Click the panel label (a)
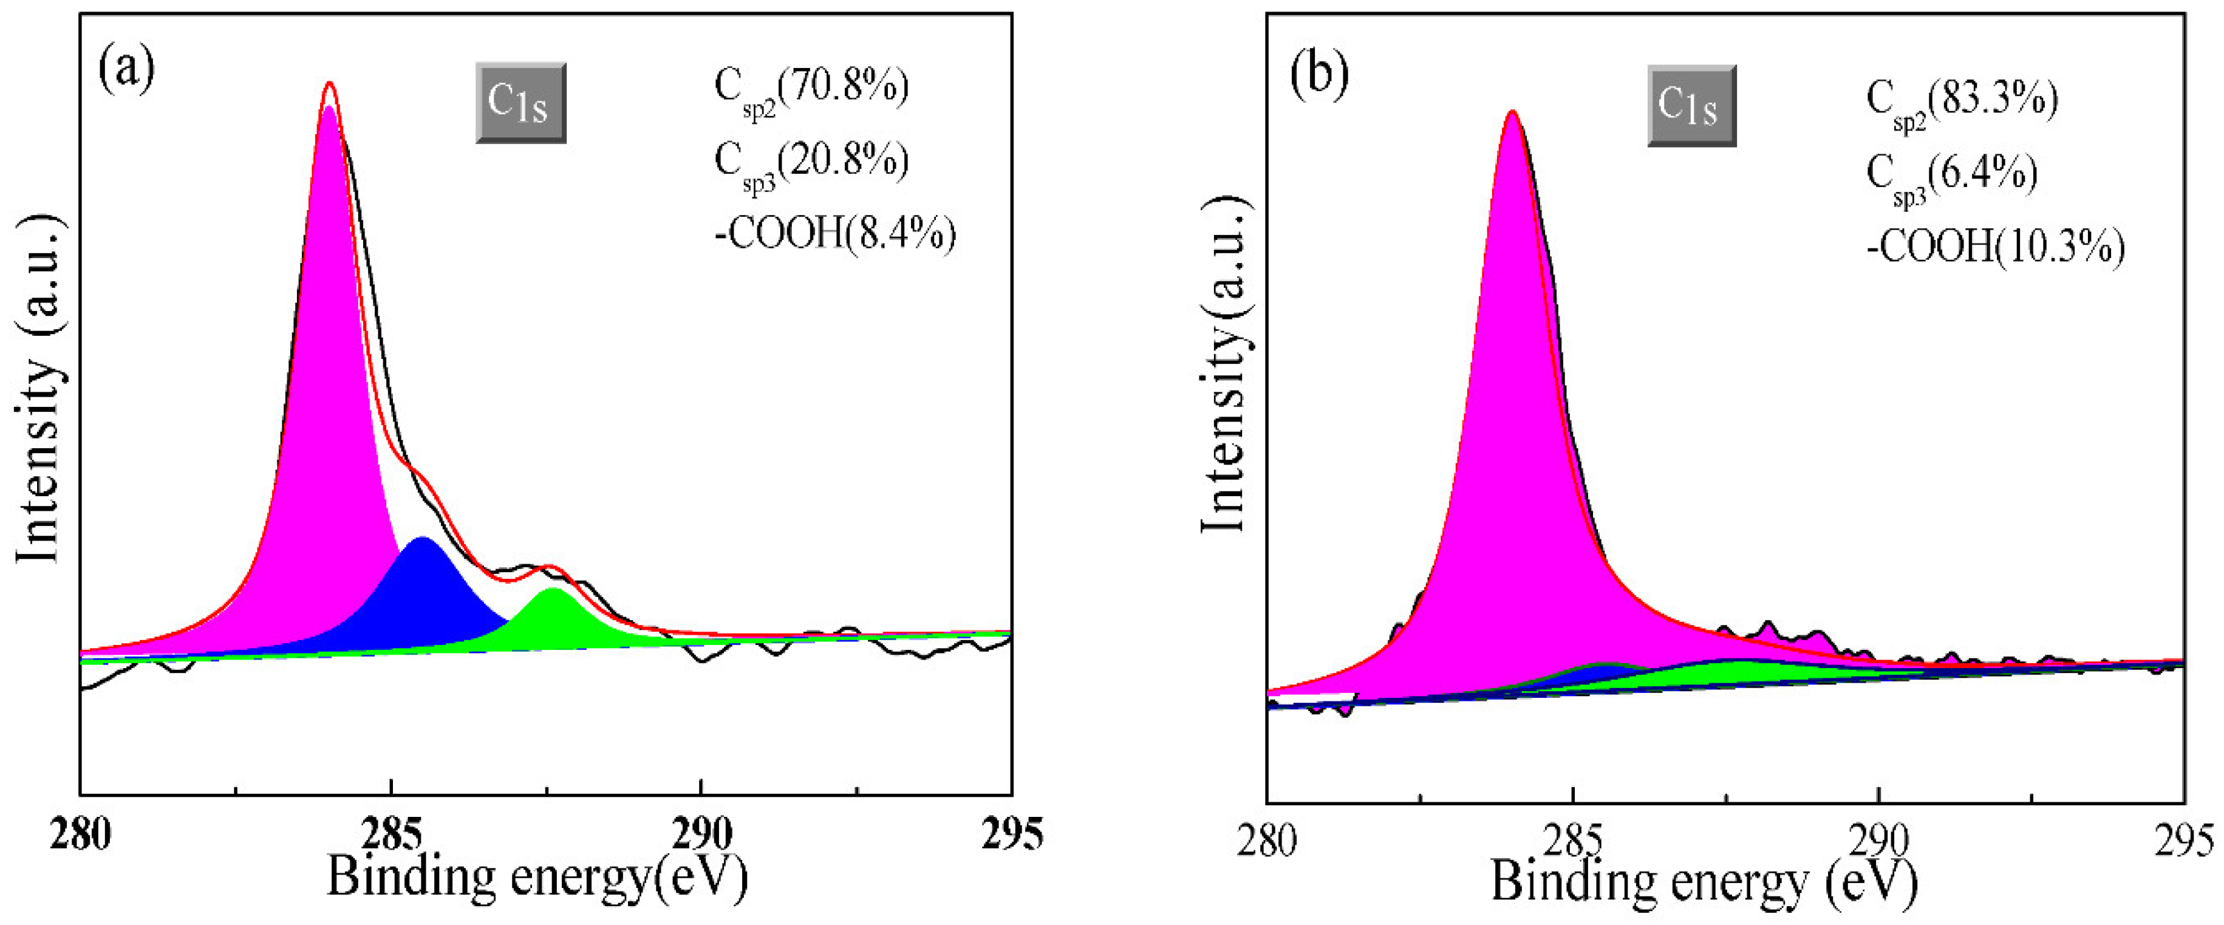point(127,69)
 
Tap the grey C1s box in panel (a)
point(520,103)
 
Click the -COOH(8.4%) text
point(835,234)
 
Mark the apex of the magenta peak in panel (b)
point(1512,114)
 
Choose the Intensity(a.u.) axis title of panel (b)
point(1225,363)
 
